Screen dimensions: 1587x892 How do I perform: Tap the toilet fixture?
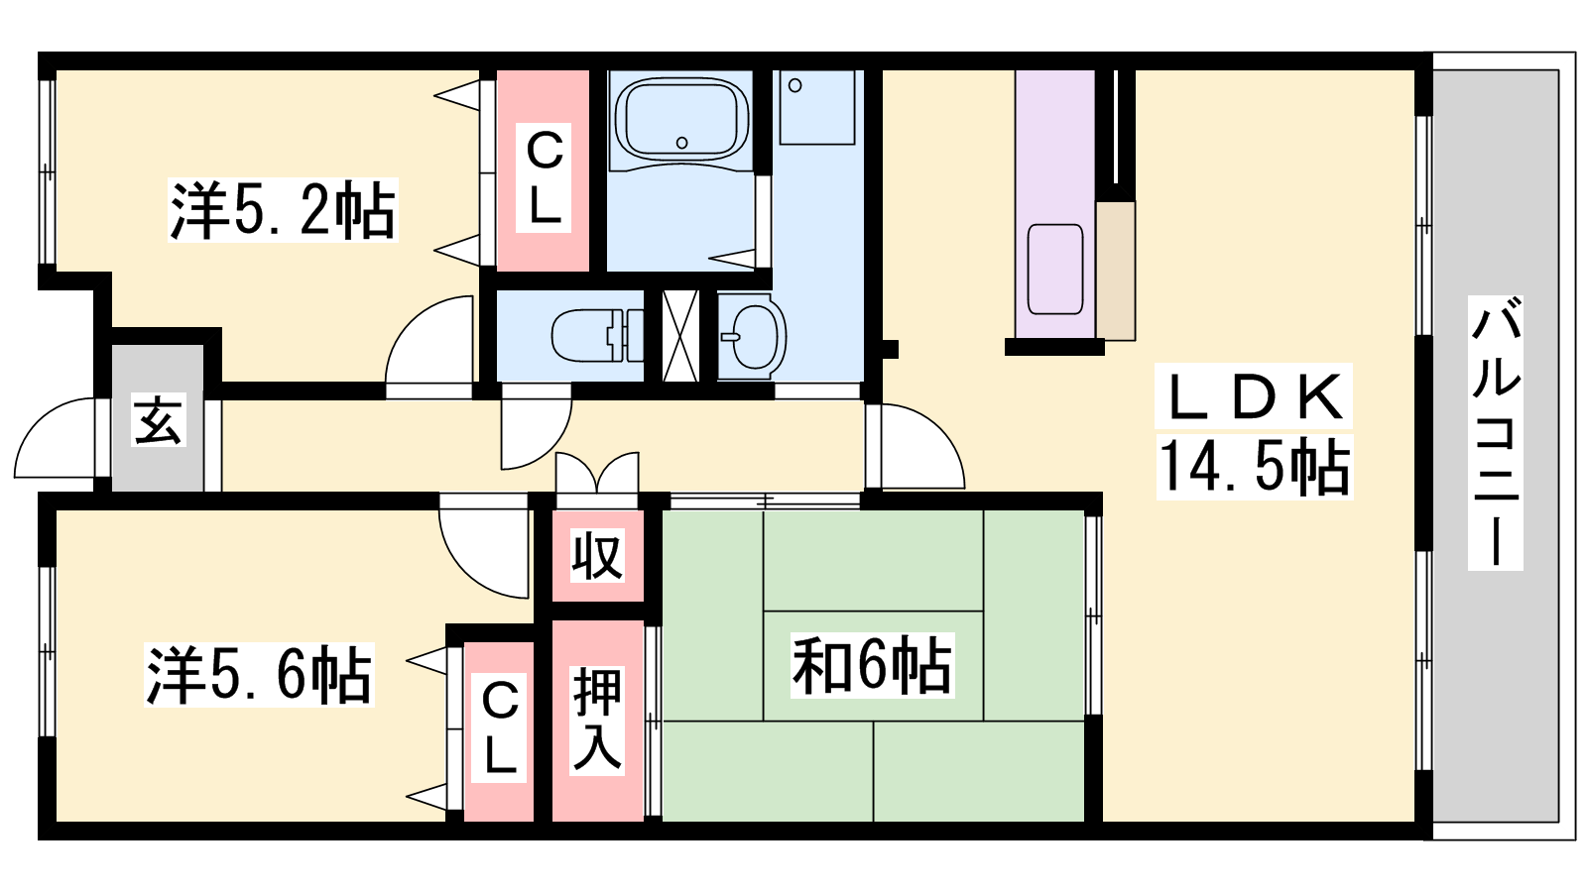pos(596,336)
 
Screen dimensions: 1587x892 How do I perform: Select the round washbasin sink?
pos(753,336)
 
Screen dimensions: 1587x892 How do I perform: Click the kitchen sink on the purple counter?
pos(1055,269)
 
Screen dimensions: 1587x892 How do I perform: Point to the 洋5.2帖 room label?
pos(283,210)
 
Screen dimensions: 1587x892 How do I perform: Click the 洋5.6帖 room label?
pos(259,675)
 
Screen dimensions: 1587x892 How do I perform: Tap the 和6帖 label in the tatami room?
pos(872,665)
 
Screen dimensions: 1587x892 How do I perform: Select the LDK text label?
pos(1254,396)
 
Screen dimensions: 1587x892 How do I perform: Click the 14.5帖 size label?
pos(1255,468)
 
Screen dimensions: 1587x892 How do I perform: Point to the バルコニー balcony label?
pos(1495,432)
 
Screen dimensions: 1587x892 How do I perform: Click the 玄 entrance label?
pos(159,420)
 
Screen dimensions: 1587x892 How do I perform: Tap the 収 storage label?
pos(597,556)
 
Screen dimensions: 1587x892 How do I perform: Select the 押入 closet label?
pos(597,720)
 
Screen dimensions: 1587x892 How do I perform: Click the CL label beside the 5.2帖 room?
pos(544,177)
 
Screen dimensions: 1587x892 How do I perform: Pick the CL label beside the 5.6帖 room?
pos(499,727)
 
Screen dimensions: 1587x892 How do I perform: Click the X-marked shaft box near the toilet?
pos(680,336)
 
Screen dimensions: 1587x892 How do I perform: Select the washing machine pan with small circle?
pos(817,107)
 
